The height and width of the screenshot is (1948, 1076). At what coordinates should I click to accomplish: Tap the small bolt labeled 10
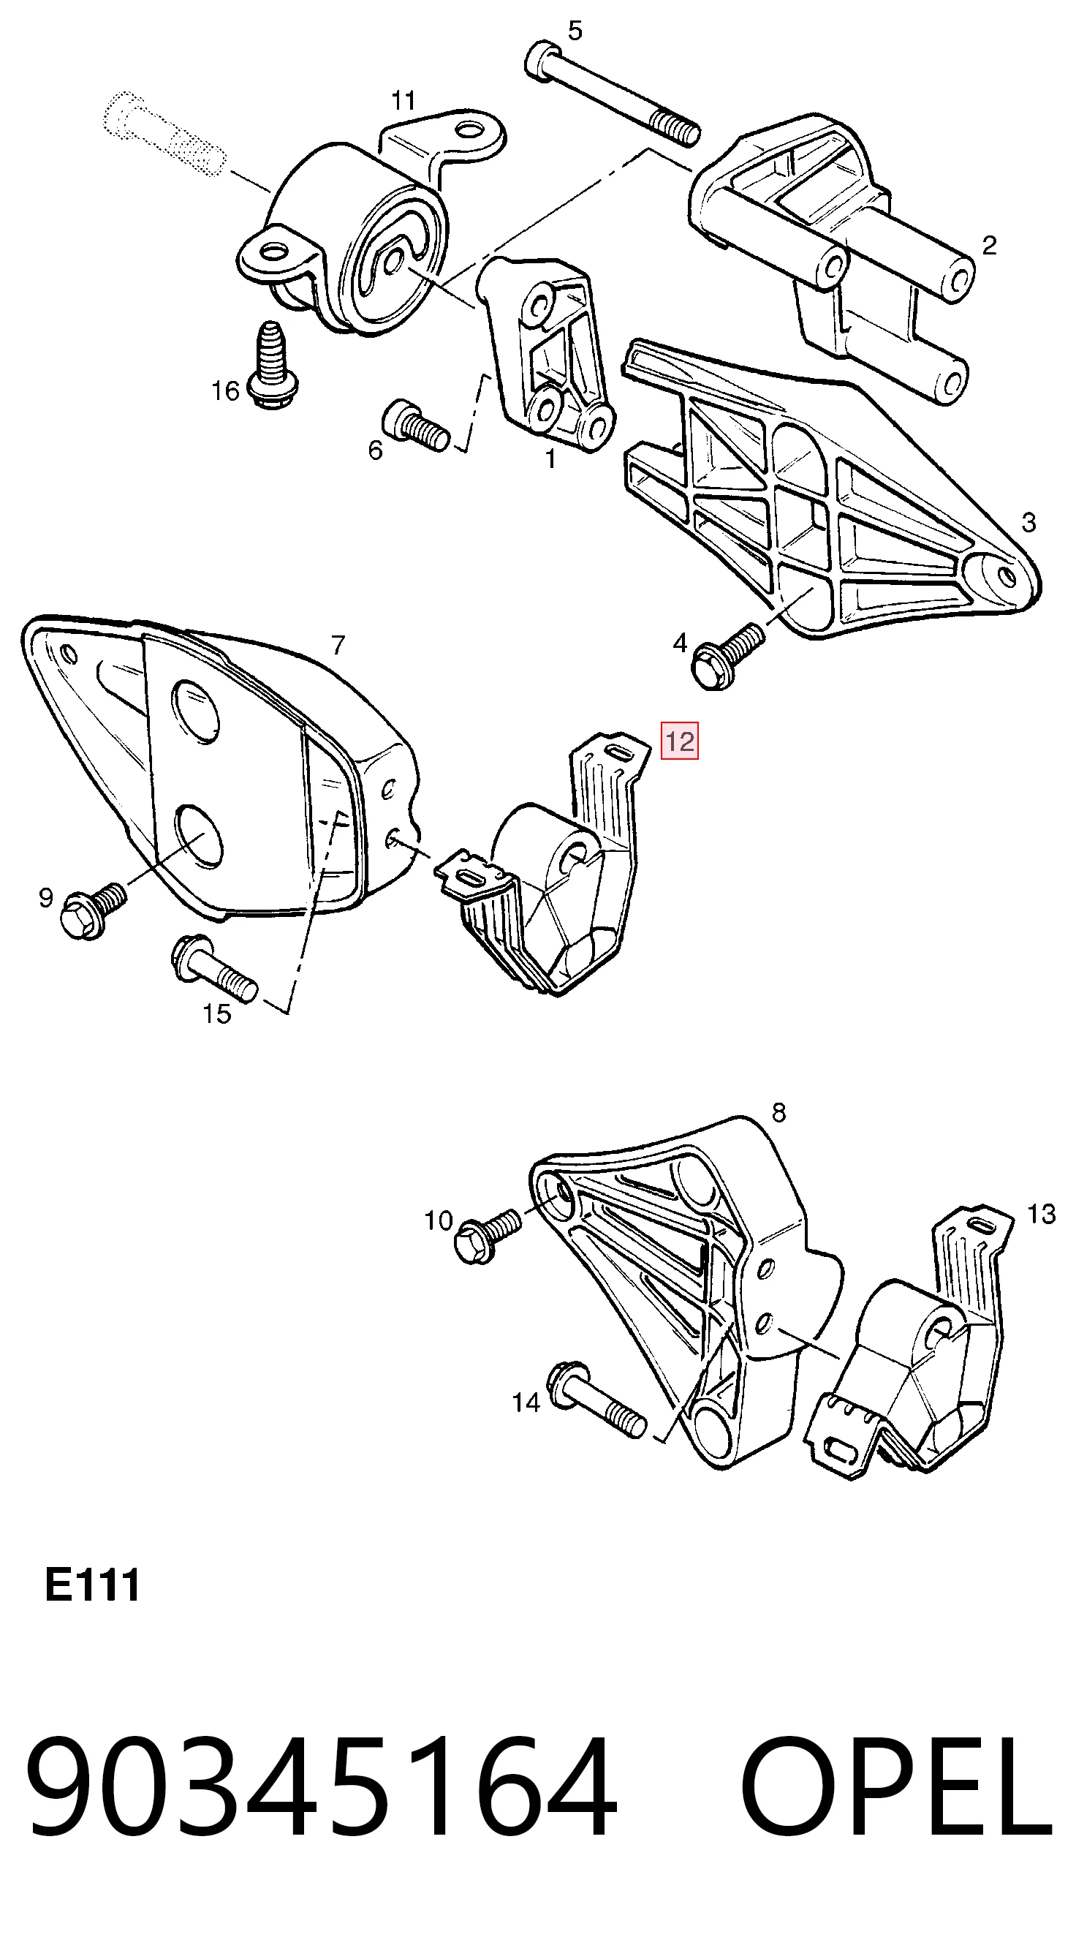tap(487, 1236)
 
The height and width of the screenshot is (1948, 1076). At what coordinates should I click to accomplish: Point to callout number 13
tap(1040, 1214)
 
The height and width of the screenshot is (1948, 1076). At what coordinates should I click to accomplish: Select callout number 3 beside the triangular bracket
tap(1028, 522)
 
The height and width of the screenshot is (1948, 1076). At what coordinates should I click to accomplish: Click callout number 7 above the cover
tap(338, 645)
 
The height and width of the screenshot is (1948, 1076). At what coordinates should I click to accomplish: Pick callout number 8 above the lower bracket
tap(778, 1112)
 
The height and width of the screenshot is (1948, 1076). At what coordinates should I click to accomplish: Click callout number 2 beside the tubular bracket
tap(989, 245)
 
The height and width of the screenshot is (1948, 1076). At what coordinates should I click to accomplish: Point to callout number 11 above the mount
tap(403, 100)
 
